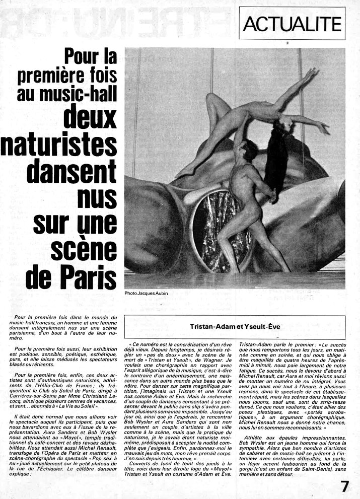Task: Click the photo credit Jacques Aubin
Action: [146, 293]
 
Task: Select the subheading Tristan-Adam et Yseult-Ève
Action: [235, 326]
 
